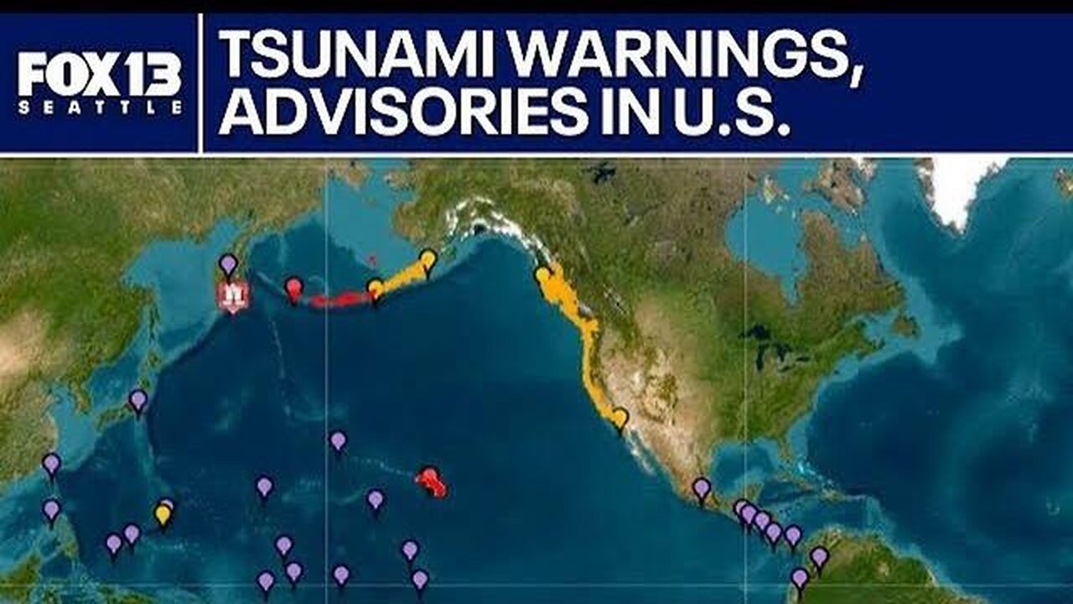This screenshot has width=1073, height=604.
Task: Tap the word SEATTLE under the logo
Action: click(100, 107)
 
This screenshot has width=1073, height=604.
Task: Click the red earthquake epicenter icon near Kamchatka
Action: click(233, 295)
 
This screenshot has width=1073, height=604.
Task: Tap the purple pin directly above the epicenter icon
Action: click(228, 265)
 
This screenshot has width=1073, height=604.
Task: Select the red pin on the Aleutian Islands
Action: click(293, 289)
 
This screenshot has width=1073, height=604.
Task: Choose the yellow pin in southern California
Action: click(619, 417)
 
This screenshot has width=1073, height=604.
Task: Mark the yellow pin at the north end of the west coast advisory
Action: click(543, 274)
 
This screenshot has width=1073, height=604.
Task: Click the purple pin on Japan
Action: click(138, 400)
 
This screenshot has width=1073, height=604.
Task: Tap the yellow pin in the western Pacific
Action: click(163, 513)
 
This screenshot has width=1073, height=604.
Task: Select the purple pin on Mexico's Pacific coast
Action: click(702, 487)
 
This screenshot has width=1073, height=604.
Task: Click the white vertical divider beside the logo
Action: click(201, 82)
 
